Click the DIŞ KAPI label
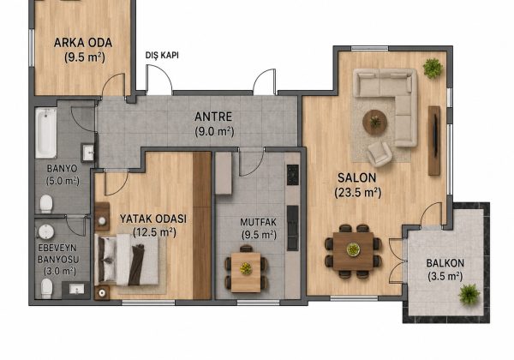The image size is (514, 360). [x=162, y=56]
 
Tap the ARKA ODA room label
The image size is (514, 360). [x=83, y=43]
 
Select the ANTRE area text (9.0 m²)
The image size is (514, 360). [x=214, y=131]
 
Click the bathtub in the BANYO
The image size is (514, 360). [x=46, y=133]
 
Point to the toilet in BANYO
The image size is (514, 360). [x=46, y=204]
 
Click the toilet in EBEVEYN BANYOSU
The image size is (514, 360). [x=46, y=289]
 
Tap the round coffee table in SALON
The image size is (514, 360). [x=374, y=123]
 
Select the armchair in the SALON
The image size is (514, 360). [x=380, y=153]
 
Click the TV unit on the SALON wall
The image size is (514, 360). [x=434, y=141]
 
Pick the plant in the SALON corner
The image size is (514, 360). [x=433, y=69]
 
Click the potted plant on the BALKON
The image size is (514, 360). [x=469, y=294]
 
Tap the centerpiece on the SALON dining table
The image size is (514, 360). [x=353, y=249]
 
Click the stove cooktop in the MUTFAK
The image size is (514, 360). [x=293, y=175]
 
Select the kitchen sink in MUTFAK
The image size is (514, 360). [x=293, y=228]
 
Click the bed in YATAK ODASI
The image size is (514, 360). [x=127, y=260]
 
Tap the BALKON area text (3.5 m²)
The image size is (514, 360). [x=445, y=276]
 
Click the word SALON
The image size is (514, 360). [x=357, y=177]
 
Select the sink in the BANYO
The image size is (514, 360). [x=88, y=153]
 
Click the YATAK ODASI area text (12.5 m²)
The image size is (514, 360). [x=154, y=232]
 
